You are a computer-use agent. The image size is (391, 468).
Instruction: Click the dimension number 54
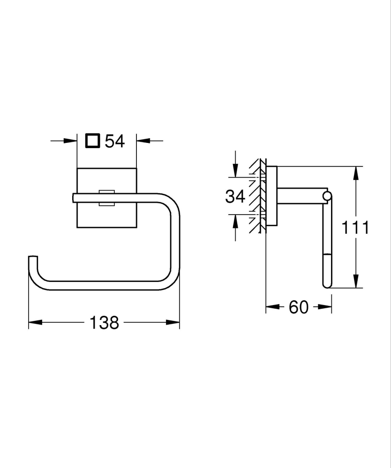pyautogui.click(x=115, y=141)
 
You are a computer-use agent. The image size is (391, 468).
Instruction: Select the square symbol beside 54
pyautogui.click(x=92, y=141)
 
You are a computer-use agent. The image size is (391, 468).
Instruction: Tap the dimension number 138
pyautogui.click(x=104, y=322)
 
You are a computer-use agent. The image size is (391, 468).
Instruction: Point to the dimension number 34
pyautogui.click(x=235, y=196)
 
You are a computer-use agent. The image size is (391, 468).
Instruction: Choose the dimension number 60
pyautogui.click(x=299, y=307)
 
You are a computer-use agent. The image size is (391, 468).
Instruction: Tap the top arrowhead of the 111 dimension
pyautogui.click(x=357, y=173)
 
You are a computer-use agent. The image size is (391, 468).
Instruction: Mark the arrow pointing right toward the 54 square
pyautogui.click(x=70, y=140)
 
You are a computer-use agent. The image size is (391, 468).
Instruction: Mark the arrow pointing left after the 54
pyautogui.click(x=143, y=140)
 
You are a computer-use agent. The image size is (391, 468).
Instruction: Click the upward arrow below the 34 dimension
pyautogui.click(x=235, y=220)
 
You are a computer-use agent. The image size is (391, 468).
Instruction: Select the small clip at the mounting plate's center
pyautogui.click(x=106, y=198)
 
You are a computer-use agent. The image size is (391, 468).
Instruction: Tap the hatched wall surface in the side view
pyautogui.click(x=256, y=197)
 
